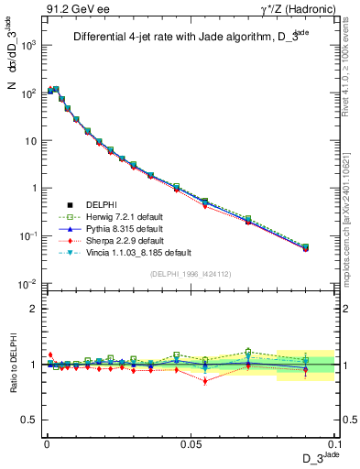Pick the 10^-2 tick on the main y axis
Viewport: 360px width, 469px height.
point(27,284)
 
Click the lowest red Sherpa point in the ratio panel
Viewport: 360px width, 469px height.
point(205,381)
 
